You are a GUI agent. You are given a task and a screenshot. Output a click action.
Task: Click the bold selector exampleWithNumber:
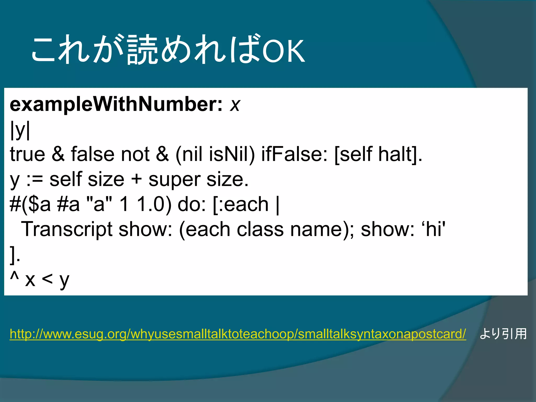coord(116,104)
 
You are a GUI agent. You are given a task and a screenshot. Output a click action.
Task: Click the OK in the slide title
coord(283,51)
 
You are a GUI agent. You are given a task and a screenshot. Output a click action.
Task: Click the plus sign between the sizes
coord(136,180)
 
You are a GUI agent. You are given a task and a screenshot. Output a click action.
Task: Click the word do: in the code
coord(192,204)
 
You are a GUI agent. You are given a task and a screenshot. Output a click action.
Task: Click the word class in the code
coord(260,229)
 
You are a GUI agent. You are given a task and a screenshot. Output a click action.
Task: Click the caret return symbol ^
coord(14,277)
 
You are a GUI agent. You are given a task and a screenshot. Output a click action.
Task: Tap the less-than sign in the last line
coord(47,280)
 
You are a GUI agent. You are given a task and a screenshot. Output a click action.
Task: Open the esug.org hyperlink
coord(238,334)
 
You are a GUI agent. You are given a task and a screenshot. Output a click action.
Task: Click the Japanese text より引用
coord(503,334)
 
